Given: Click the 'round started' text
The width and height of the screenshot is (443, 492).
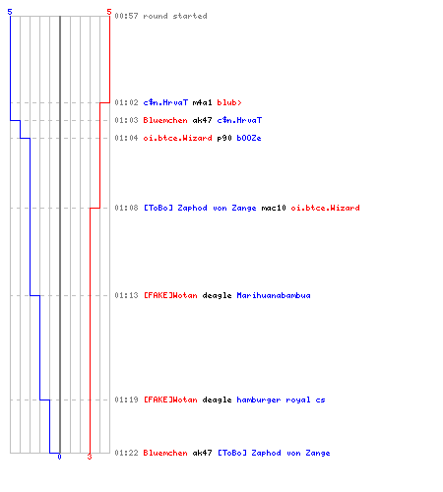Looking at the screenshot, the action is pyautogui.click(x=175, y=16).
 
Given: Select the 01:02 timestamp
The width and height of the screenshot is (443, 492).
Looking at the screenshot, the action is pyautogui.click(x=126, y=102).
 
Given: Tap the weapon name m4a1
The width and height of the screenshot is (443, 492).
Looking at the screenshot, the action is pyautogui.click(x=202, y=102).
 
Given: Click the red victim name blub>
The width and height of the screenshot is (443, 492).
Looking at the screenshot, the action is pyautogui.click(x=229, y=102).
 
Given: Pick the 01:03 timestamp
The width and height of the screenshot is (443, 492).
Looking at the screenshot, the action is pyautogui.click(x=126, y=120).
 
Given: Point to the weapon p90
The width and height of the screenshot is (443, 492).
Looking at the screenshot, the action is pyautogui.click(x=224, y=138).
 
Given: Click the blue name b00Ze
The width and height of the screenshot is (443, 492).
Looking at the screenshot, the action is pyautogui.click(x=249, y=138).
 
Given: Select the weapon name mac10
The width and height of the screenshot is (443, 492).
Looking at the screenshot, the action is pyautogui.click(x=274, y=208).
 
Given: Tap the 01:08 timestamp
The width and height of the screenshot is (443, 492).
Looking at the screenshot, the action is pyautogui.click(x=126, y=208).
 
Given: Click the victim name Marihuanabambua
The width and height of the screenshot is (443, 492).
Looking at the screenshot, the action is pyautogui.click(x=274, y=295).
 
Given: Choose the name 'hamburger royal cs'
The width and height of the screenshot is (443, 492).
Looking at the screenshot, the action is pyautogui.click(x=281, y=400).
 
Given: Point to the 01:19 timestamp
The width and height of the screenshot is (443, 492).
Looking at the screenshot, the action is pyautogui.click(x=126, y=400).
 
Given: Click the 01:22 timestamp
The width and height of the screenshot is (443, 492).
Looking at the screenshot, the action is pyautogui.click(x=126, y=453).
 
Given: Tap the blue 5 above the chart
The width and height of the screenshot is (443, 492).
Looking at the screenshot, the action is pyautogui.click(x=10, y=12).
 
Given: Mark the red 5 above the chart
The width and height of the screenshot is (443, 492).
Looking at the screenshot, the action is pyautogui.click(x=109, y=12).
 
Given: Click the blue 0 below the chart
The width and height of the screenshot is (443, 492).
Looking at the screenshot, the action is pyautogui.click(x=59, y=457).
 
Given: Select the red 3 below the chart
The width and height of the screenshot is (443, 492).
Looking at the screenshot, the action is pyautogui.click(x=90, y=457).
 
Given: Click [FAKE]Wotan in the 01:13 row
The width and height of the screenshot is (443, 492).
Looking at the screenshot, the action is pyautogui.click(x=170, y=295).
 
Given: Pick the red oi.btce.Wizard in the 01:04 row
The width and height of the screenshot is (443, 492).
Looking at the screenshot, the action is pyautogui.click(x=177, y=138).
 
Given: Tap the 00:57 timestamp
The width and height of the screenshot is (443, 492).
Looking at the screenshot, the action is pyautogui.click(x=126, y=16).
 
